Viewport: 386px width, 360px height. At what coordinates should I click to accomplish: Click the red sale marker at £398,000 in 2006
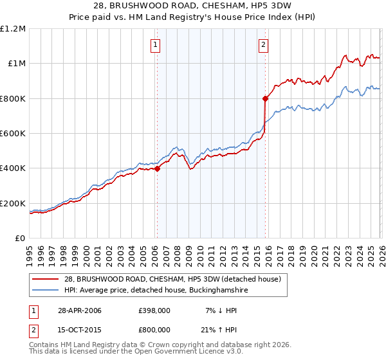click(157, 169)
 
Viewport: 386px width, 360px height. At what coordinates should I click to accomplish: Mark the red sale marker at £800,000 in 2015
click(264, 98)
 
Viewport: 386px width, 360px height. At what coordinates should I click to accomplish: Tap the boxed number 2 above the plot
click(264, 44)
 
